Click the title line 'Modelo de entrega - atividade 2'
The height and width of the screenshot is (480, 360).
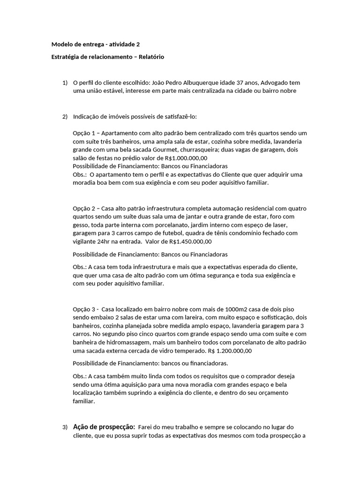click(x=95, y=45)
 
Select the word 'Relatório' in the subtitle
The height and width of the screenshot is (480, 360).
click(x=150, y=57)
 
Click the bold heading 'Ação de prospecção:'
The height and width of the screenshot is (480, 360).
click(x=104, y=427)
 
